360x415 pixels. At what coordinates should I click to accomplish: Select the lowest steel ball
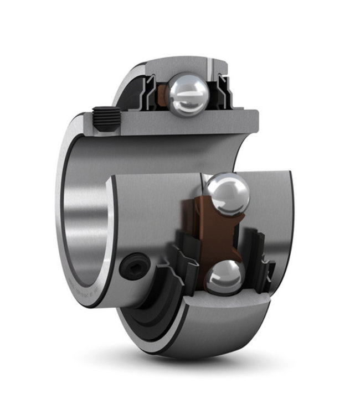tap(224, 276)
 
